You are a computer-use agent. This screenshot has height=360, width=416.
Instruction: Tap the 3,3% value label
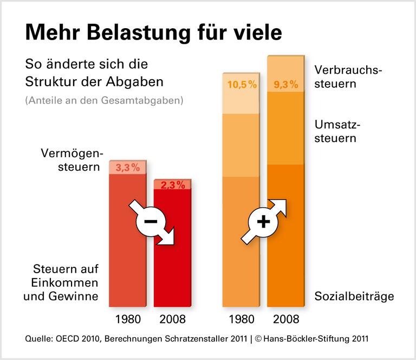pos(128,168)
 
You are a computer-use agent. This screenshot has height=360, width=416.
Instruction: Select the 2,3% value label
pos(172,185)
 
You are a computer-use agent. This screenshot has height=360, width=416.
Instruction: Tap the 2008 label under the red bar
pos(172,319)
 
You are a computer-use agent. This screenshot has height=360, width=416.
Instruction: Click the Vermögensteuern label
pos(71,160)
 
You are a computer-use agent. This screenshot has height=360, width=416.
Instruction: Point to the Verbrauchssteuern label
pos(348,77)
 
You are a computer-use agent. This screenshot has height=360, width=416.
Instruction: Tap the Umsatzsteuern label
pos(337,131)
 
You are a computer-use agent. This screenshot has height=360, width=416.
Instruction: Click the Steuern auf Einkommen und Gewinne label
pos(66,282)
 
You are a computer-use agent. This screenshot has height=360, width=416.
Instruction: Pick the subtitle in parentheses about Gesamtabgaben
pos(103,100)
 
